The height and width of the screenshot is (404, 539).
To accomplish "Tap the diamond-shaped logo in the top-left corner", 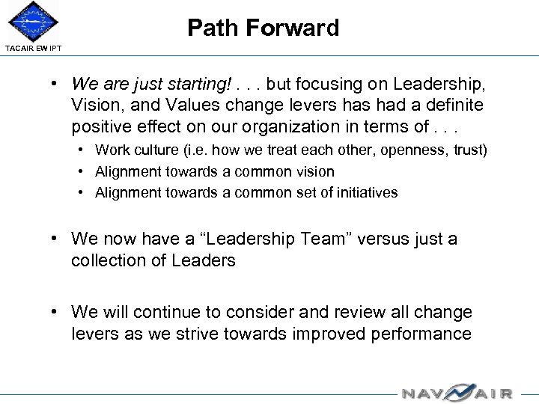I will tap(32, 21).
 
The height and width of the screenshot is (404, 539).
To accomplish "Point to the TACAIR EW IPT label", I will tap(34, 49).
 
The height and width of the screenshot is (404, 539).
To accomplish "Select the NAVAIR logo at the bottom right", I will tap(456, 391).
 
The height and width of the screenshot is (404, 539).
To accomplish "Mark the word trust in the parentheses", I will tap(469, 150).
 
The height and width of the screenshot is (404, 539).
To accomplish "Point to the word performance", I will tap(421, 333).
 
